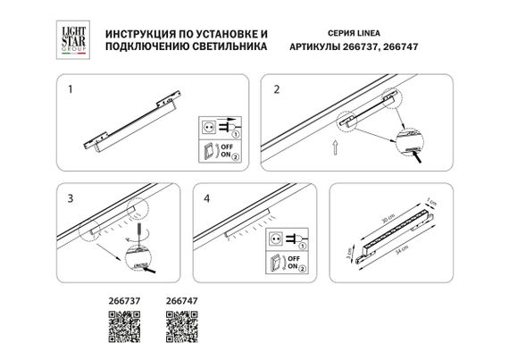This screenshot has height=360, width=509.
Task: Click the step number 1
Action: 71,90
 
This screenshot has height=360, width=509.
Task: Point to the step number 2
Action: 277,90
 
